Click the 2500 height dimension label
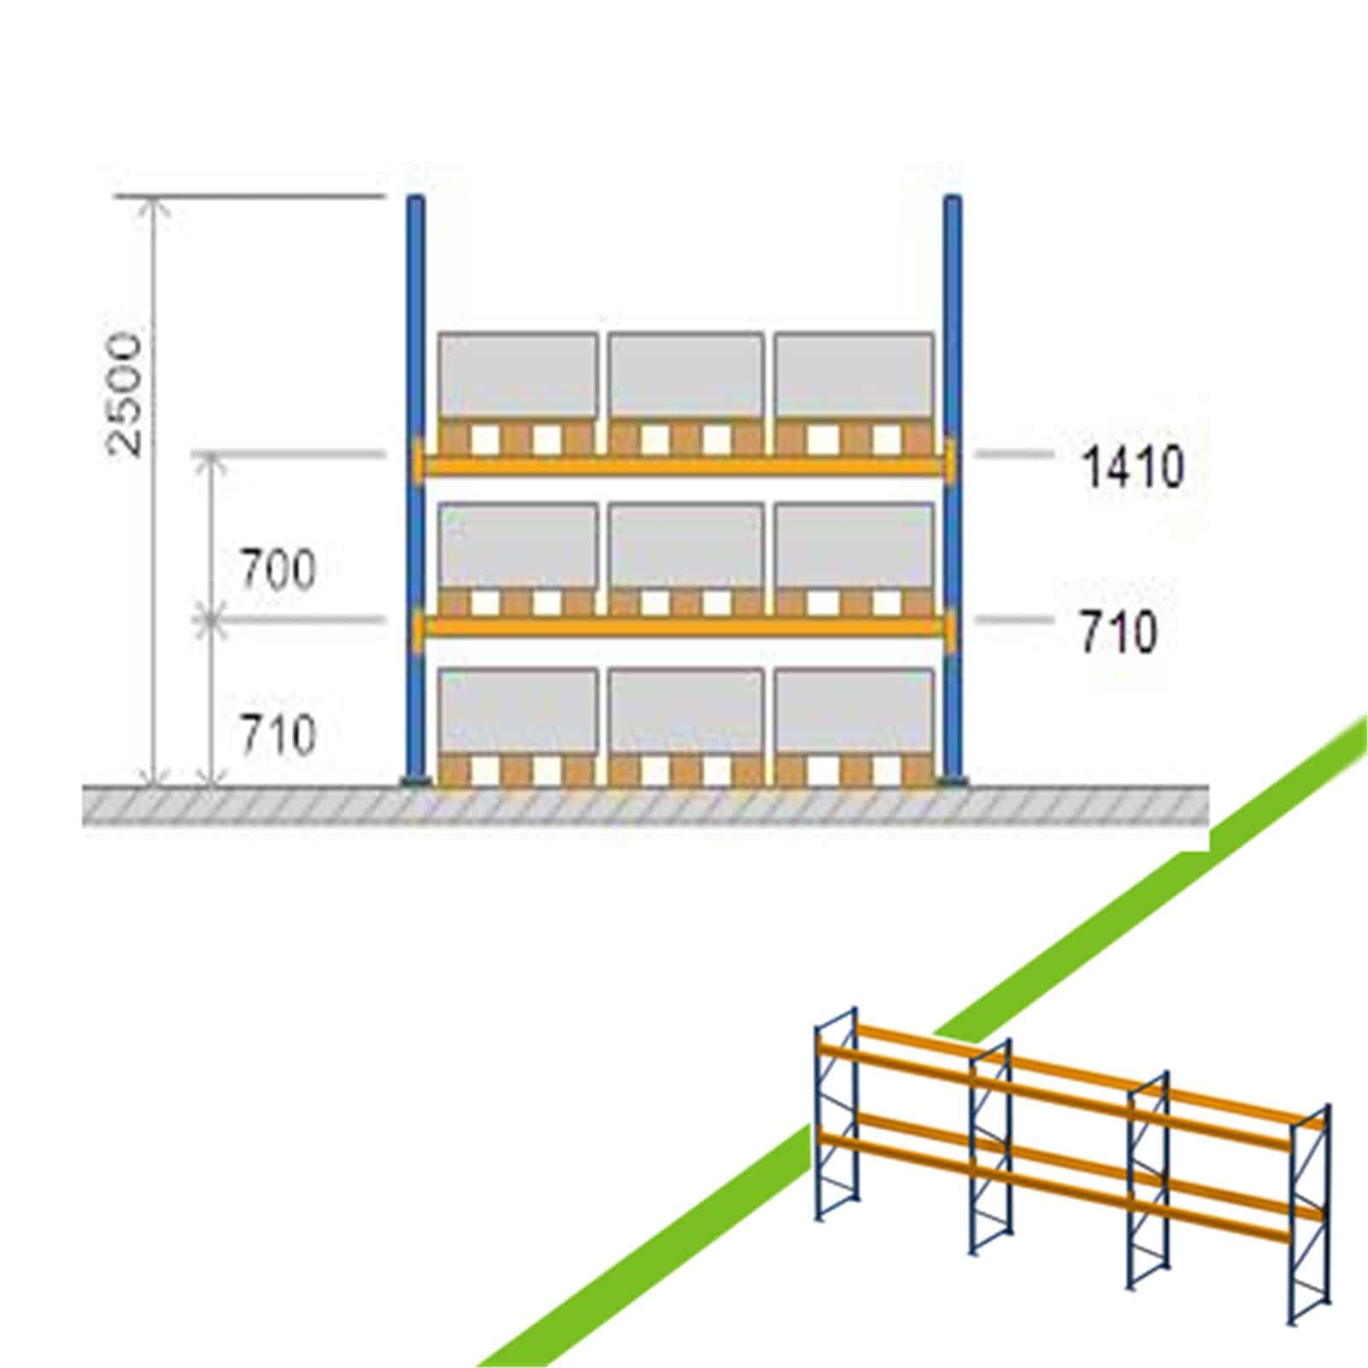coord(125,393)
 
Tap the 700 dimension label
coord(277,569)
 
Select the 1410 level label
coord(1133,469)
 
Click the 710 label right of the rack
coord(1117,634)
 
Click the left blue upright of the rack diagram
coord(416,489)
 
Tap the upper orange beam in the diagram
coord(684,463)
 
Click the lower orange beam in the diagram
coord(684,627)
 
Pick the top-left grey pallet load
coord(518,376)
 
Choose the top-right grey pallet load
coord(853,376)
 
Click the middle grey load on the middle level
coord(686,546)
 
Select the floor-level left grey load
coord(518,712)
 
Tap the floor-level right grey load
coord(853,712)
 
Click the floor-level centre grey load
coord(686,712)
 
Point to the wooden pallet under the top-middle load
coord(686,436)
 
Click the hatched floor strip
coord(646,806)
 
